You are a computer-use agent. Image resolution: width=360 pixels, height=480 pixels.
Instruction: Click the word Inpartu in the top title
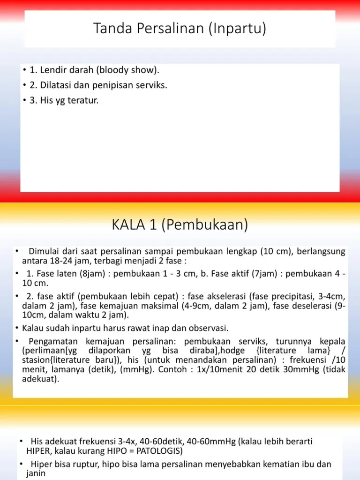tap(240, 30)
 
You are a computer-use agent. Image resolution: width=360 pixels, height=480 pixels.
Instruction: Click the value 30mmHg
tap(302, 369)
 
